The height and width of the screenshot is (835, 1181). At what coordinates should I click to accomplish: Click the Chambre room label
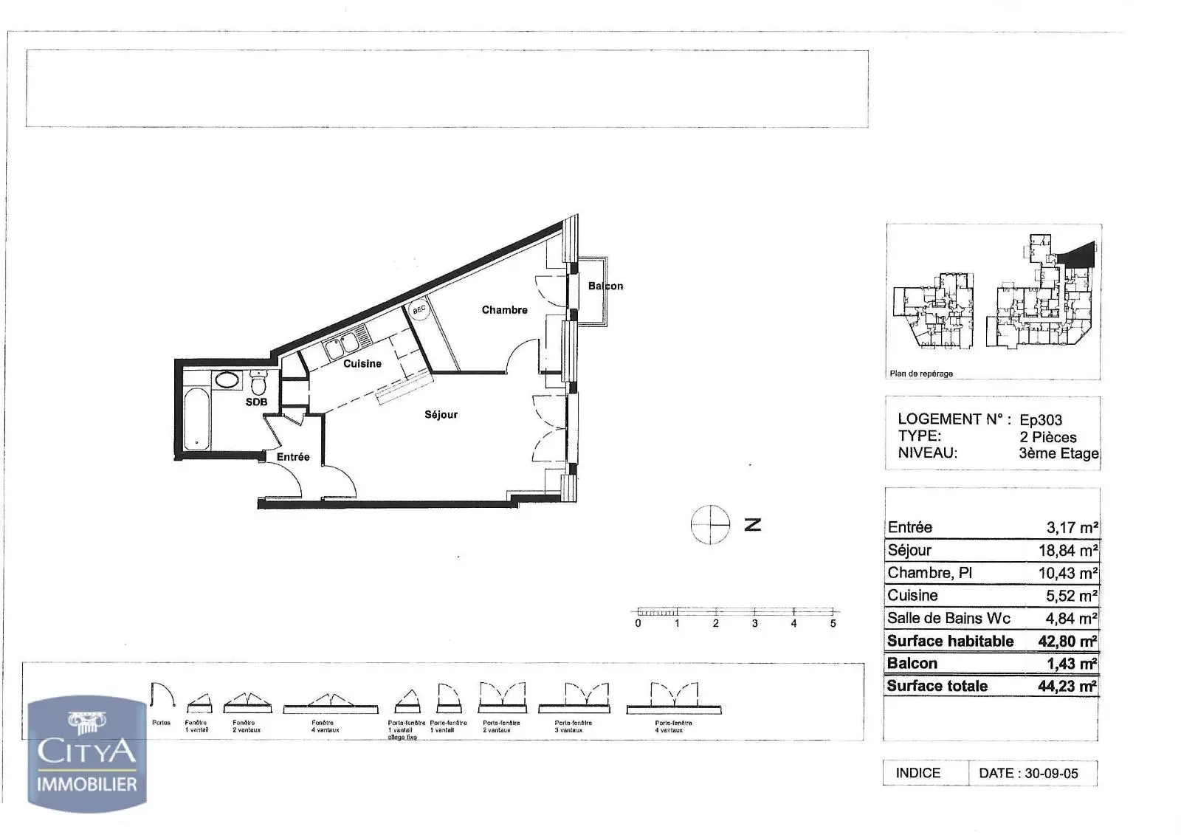tap(504, 310)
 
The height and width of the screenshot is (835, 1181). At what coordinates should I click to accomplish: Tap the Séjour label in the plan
tap(441, 415)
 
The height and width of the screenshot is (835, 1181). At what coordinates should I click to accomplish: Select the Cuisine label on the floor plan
tap(362, 363)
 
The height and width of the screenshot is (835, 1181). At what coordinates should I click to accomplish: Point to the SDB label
tap(256, 402)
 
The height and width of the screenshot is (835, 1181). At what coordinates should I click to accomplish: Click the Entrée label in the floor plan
tap(293, 457)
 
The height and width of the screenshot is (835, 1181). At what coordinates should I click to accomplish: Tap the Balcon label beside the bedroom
tap(605, 286)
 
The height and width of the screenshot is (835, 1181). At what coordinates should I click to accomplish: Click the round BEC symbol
tap(419, 311)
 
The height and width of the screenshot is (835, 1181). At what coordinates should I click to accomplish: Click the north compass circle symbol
tap(709, 525)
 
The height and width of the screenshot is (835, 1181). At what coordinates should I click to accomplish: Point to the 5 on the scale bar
tap(833, 623)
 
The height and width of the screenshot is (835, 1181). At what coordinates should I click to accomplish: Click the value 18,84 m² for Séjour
tap(1067, 551)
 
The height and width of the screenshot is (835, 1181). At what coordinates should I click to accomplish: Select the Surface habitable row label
tap(950, 641)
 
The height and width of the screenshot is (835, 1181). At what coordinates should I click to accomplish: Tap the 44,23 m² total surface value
tap(1067, 687)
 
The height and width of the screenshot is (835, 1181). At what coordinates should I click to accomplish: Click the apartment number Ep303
tap(1041, 420)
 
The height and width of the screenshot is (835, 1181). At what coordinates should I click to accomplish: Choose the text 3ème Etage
tap(1058, 453)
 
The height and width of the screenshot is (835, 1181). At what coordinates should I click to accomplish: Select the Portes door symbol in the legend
tap(162, 697)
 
